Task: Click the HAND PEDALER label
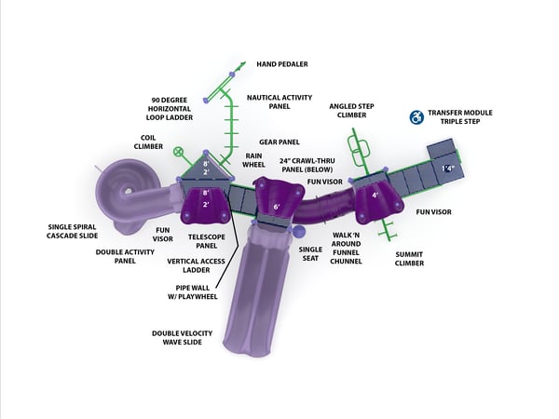coord(282,64)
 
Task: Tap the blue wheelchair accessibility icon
coord(416,117)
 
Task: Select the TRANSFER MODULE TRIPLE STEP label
coord(460,117)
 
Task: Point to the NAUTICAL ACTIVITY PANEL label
coord(279,101)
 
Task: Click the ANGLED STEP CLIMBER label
coord(351,111)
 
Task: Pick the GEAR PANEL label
coord(279,142)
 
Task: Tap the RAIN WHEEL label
coord(253,160)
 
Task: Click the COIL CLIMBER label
coord(148,142)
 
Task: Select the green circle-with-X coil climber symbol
coord(178,152)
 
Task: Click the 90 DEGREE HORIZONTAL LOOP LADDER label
coord(170,109)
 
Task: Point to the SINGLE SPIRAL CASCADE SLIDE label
coord(72,231)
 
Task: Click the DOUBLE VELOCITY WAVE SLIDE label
coord(183,338)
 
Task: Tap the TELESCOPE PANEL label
coord(207,241)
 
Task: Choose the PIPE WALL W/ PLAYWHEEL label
coord(193,292)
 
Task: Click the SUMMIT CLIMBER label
coord(409,259)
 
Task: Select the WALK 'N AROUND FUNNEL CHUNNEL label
coord(346,248)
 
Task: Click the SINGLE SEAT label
coord(310,253)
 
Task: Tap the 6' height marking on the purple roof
coord(277,207)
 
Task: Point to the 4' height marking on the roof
coord(375,196)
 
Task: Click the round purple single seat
coord(299,232)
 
